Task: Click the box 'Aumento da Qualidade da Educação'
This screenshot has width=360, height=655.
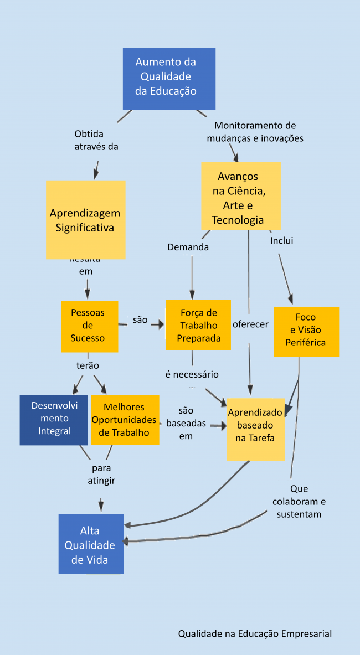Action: [169, 78]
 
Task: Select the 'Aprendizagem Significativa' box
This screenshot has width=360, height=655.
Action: [85, 220]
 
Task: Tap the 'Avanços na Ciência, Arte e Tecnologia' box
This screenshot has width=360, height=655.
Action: [240, 197]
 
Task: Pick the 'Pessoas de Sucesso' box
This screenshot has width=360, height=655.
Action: [89, 326]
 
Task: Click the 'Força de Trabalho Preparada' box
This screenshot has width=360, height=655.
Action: [198, 325]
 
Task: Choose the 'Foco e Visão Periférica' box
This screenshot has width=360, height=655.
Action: [306, 331]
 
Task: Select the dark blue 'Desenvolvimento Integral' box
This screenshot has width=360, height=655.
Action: [54, 419]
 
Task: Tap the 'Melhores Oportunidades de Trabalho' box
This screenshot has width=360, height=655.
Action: [125, 419]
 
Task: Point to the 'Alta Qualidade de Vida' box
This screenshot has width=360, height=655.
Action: [91, 544]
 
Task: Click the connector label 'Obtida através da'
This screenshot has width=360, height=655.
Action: [96, 141]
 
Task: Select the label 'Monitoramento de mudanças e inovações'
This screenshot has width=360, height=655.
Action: [255, 132]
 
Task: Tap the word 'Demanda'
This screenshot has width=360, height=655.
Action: [188, 247]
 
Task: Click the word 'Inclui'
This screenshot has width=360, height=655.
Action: [281, 241]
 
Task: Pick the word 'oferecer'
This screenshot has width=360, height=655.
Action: [250, 324]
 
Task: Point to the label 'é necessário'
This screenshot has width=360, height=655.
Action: [192, 374]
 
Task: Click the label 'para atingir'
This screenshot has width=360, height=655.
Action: [101, 475]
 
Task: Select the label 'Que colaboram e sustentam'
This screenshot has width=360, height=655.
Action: [299, 502]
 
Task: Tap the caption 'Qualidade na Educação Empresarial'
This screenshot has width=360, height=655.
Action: [255, 633]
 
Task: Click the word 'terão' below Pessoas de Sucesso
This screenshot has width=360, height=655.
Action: [88, 365]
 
